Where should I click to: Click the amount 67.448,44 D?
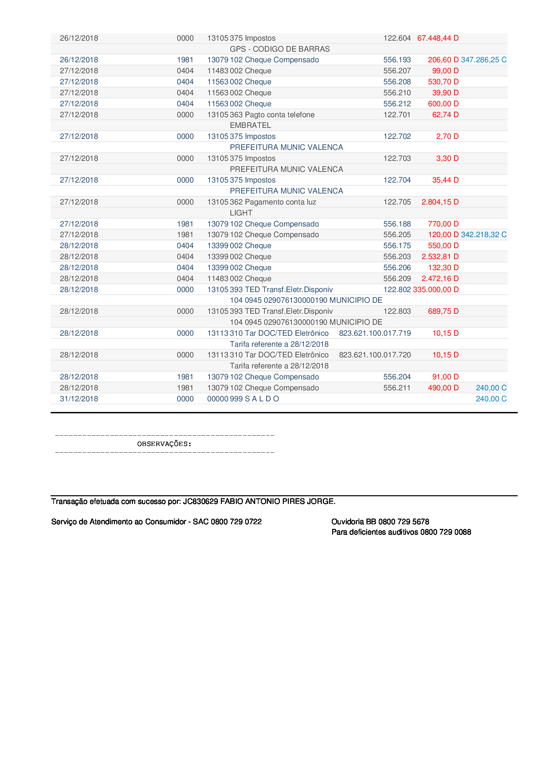point(438,38)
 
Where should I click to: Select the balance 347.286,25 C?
point(483,60)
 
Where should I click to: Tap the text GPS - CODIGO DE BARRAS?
point(279,49)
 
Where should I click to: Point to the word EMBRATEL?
point(251,125)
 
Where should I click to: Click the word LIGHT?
point(241,213)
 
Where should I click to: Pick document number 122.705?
point(397,202)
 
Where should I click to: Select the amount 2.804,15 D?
point(440,202)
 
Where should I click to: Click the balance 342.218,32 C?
point(483,234)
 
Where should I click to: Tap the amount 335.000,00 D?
point(436,289)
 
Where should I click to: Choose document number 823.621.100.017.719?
point(374,333)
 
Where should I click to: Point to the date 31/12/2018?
point(79,399)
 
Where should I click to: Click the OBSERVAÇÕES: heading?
point(164,444)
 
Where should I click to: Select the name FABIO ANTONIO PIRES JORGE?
point(277,501)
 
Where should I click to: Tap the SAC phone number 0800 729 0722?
point(236,522)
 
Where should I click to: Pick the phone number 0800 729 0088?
point(445,532)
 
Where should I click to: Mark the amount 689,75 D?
point(443,311)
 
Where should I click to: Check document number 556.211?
point(397,388)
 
